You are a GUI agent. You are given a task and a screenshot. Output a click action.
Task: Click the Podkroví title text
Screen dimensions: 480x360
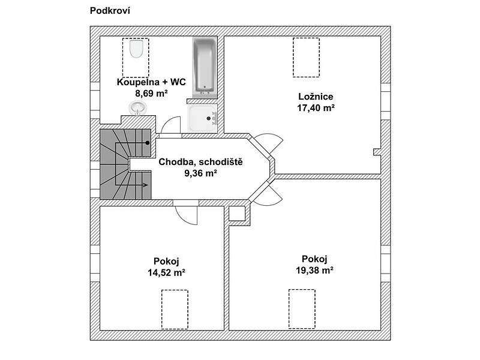point(110,11)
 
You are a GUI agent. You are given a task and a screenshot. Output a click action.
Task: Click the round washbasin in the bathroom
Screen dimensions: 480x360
point(138,108)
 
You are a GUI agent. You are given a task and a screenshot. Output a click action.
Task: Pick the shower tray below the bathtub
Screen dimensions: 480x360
point(202,118)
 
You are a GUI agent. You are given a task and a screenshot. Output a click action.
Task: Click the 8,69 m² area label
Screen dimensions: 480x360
point(151,93)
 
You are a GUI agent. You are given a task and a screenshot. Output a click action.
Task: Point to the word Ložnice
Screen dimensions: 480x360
point(316,97)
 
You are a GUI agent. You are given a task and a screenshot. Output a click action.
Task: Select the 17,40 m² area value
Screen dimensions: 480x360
point(316,108)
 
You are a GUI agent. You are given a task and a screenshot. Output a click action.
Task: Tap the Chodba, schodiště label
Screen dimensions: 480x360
point(200,162)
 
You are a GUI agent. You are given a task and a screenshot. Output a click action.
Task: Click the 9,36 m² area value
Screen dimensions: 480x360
point(200,173)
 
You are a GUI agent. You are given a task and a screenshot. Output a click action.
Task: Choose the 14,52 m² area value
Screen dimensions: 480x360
point(166,272)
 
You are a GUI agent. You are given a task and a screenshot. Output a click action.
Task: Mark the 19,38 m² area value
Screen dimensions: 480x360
point(314,271)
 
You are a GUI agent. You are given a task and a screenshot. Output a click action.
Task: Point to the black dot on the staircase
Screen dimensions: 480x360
point(148,143)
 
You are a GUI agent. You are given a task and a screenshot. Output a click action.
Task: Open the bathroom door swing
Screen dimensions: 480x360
point(171,125)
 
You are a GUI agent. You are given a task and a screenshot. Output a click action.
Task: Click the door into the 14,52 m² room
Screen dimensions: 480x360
point(186,215)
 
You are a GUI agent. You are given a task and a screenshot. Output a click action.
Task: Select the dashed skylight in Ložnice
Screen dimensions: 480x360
point(306,58)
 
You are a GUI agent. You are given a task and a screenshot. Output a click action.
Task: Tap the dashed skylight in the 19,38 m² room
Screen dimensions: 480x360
point(302,309)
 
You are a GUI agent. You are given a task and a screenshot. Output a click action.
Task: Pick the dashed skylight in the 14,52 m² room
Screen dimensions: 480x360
point(175,310)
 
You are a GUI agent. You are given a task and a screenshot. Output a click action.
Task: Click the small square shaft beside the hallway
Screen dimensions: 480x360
point(237,214)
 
